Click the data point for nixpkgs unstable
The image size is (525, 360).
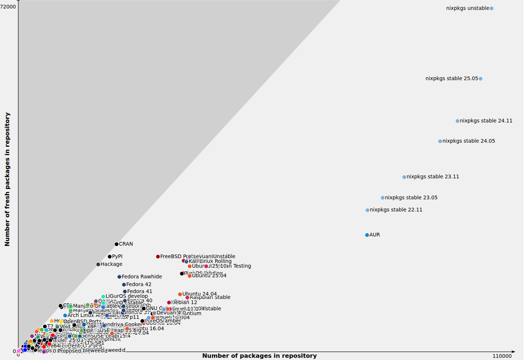[x=492, y=8]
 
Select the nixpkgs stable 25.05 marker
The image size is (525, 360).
[x=481, y=79]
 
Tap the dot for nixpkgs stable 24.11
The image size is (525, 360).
[x=457, y=121]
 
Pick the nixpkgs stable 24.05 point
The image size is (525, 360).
[x=440, y=141]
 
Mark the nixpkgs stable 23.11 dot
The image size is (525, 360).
[x=404, y=177]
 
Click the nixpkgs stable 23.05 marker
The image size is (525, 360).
[x=383, y=198]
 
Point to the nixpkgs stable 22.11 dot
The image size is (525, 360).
[x=367, y=210]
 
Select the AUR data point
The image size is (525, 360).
[x=367, y=235]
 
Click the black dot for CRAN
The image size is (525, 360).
[x=117, y=244]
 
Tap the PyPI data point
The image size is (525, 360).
[x=110, y=257]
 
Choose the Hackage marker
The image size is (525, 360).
[x=98, y=264]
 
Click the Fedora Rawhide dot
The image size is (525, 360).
[x=119, y=277]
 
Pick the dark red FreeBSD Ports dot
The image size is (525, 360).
[x=158, y=257]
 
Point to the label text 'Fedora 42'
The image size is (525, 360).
[x=139, y=284]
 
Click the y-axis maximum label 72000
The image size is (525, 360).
[x=8, y=7]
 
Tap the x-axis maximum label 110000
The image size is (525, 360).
[x=502, y=356]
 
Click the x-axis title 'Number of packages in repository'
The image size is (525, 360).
[x=259, y=356]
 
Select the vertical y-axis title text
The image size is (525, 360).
[x=7, y=179]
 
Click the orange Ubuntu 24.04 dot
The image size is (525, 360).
[x=180, y=294]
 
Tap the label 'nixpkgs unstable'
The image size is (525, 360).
[x=467, y=8]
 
